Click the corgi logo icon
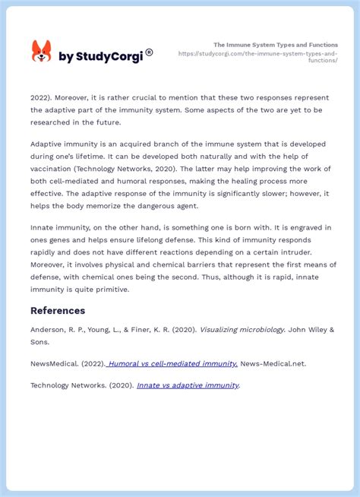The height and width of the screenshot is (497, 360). point(41,52)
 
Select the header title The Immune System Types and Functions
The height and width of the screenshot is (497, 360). point(276,45)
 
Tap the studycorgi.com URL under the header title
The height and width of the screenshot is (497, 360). point(258,57)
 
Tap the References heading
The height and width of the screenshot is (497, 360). point(58,310)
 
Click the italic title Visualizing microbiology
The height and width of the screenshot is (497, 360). point(242,329)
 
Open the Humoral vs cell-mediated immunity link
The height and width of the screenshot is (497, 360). point(173,363)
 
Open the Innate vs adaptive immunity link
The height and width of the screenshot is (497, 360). point(188,385)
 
